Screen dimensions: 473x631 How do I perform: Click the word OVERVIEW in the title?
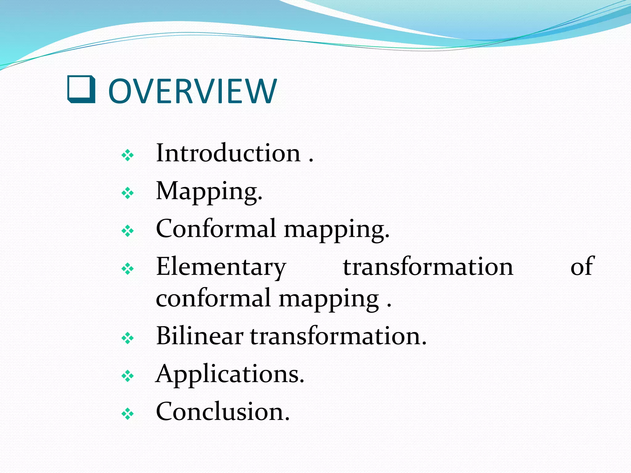[x=193, y=91]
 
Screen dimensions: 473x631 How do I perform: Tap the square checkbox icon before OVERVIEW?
[x=81, y=89]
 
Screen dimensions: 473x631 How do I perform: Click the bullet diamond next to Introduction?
[x=128, y=155]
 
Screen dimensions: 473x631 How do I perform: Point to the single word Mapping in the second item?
[x=209, y=192]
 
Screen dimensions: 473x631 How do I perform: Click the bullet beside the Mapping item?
[x=128, y=193]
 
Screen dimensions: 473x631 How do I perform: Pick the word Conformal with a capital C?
[x=216, y=229]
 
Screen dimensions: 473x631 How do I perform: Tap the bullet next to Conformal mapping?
[x=128, y=231]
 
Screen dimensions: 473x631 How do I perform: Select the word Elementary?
[x=221, y=267]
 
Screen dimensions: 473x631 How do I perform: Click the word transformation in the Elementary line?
[x=428, y=267]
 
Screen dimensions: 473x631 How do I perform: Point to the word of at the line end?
[x=582, y=267]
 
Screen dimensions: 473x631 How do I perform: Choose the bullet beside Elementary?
[x=128, y=269]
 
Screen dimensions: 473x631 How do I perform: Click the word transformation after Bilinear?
[x=338, y=336]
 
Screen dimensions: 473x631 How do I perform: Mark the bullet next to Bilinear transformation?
[x=128, y=339]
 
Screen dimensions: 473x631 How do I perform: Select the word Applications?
[x=230, y=374]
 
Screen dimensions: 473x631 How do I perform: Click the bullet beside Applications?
[x=128, y=376]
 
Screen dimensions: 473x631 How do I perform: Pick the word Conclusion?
[x=223, y=412]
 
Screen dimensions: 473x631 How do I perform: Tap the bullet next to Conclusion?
[x=128, y=414]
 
